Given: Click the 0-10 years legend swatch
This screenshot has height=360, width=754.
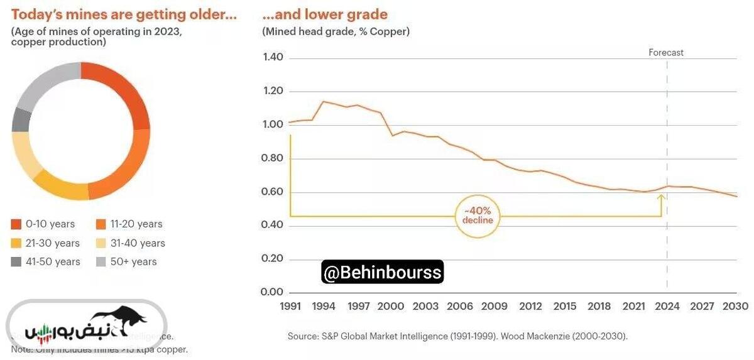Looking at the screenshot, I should [16, 224].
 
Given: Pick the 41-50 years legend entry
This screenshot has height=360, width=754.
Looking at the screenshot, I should [54, 262].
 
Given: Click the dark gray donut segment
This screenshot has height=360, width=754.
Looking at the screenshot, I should [21, 120].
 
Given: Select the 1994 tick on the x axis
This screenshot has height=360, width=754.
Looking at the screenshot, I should [324, 306].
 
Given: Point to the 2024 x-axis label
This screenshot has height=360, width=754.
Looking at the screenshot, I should [667, 306].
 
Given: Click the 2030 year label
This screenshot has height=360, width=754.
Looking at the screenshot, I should [736, 306].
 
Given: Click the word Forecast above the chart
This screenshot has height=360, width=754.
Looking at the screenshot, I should [666, 53].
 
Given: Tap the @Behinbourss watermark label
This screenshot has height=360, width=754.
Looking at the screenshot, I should [382, 273].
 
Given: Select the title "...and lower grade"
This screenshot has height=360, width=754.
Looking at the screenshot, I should [325, 14].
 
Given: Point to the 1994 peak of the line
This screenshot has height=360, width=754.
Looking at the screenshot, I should [323, 101].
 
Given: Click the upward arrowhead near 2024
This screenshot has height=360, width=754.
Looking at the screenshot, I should [662, 197].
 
